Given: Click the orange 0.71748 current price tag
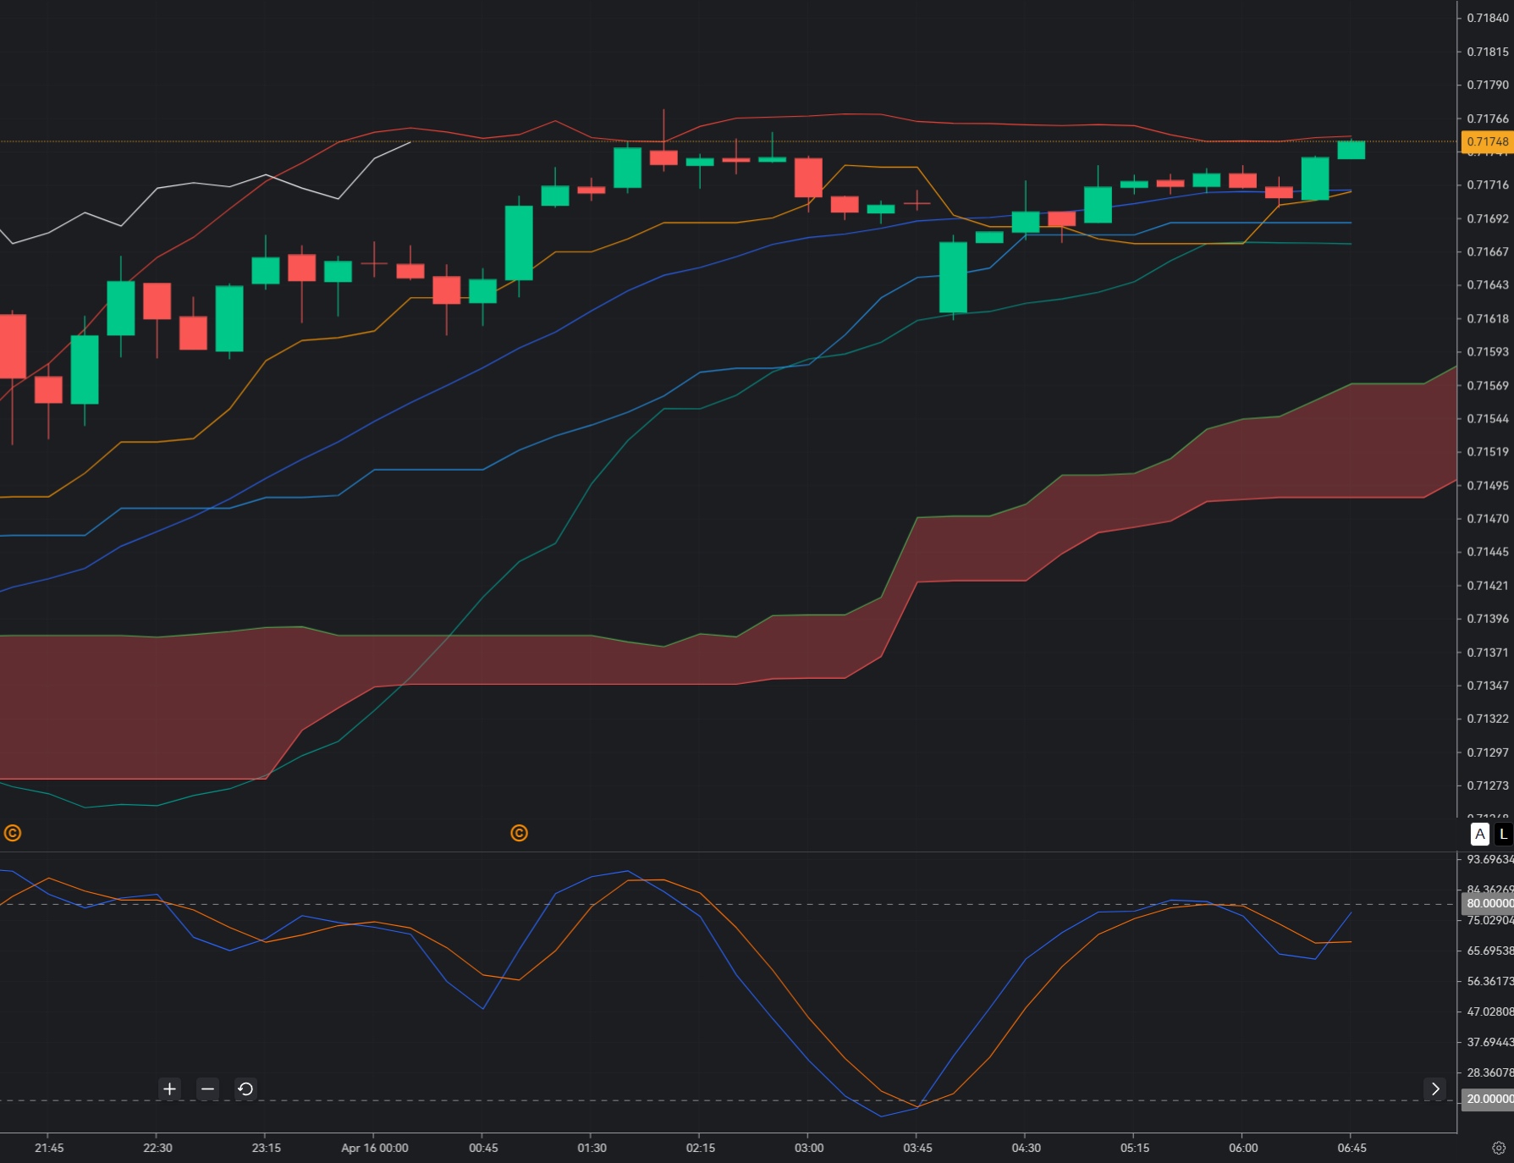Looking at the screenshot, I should (1487, 141).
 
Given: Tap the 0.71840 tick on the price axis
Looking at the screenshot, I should (1487, 18).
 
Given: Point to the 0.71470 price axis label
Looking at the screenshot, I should (1487, 518).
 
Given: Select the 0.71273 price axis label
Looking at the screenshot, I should (1487, 785).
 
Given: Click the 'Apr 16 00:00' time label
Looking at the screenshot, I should (374, 1148).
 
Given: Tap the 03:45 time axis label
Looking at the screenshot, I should (917, 1148).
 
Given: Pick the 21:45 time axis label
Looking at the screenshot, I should (49, 1148).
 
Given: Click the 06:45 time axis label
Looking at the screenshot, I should (1352, 1148).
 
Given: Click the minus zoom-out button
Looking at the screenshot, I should (207, 1089).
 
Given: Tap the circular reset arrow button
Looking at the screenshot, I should (245, 1089).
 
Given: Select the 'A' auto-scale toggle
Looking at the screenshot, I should (1479, 834).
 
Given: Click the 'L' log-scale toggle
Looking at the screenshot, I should (1503, 834).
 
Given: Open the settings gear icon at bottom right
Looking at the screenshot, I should (1499, 1148).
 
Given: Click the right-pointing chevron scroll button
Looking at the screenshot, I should (1434, 1089).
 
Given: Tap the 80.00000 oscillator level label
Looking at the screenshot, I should (1489, 904).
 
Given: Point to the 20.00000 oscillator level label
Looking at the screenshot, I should (1489, 1100).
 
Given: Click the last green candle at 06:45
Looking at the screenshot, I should (1351, 150).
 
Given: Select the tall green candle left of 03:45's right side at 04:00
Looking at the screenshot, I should (953, 278).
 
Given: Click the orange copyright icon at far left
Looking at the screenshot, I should (13, 833).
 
